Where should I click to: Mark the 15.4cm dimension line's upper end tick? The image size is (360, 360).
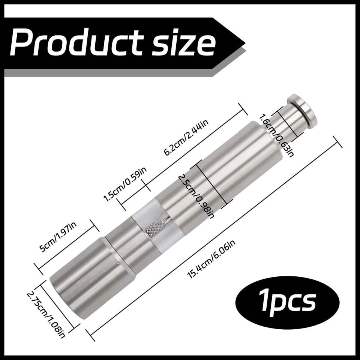337,142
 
